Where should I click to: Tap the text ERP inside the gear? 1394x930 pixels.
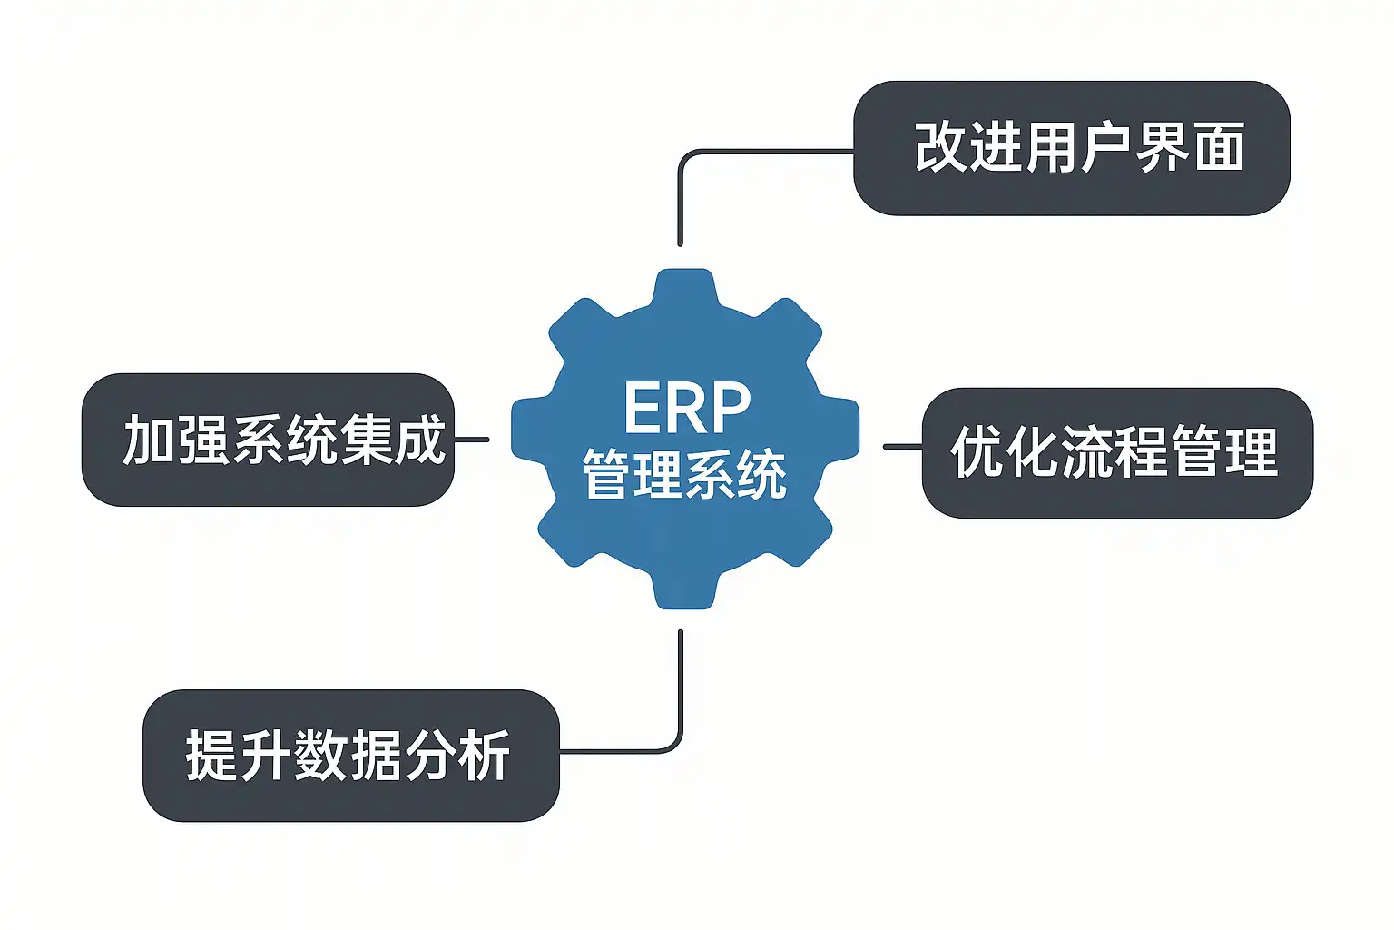tap(687, 408)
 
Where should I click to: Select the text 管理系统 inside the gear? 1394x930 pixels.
tap(684, 474)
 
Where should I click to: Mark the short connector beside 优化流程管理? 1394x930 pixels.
tap(903, 447)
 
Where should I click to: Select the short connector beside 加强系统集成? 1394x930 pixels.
tap(471, 440)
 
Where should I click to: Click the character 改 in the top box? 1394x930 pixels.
tap(940, 147)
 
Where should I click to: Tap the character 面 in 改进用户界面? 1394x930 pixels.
tap(1219, 147)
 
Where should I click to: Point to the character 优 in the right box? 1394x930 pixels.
tap(977, 452)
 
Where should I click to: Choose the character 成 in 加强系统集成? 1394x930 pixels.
tap(419, 440)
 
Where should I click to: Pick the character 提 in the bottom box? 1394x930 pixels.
tap(211, 755)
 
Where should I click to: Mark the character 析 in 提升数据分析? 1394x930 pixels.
tap(484, 755)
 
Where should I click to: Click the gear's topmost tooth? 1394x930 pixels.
tap(685, 283)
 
